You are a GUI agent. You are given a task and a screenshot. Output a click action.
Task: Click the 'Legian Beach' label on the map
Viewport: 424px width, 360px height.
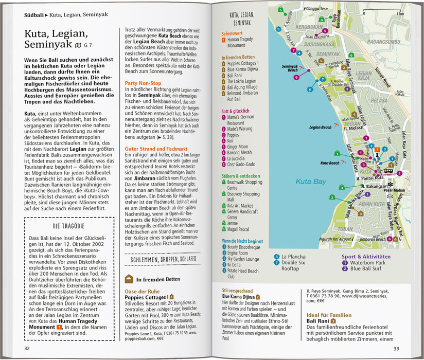319,127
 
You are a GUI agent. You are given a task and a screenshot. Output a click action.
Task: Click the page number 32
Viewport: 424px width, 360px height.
27,349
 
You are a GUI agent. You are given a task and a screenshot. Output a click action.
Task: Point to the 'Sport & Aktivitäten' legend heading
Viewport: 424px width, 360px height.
366,256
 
